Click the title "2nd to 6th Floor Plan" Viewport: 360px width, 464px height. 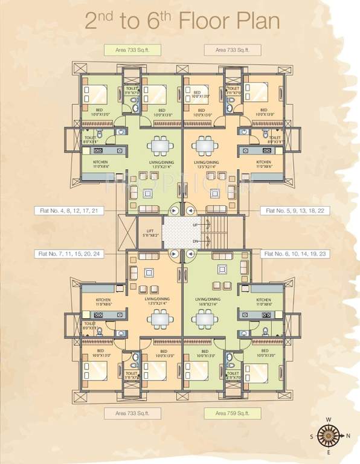181,22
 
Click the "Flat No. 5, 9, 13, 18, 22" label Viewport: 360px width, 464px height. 292,211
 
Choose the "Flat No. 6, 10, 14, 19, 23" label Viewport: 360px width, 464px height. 292,255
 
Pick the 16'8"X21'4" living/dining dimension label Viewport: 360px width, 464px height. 207,302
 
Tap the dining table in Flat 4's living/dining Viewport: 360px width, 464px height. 159,146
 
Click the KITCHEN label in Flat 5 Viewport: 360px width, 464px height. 263,163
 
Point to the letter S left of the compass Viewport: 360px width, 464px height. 312,435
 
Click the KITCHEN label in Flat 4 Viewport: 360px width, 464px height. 100,163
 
